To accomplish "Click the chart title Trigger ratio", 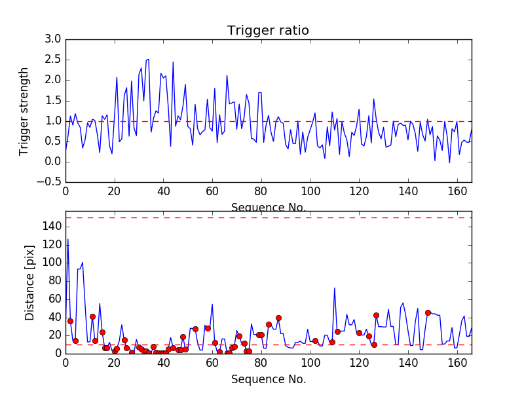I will point(268,31).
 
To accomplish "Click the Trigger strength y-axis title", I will point(24,111).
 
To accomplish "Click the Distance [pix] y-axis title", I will point(29,287).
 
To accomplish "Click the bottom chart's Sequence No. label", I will point(268,379).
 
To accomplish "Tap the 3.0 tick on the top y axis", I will point(52,39).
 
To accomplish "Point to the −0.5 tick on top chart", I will point(50,182).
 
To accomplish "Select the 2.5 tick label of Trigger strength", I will point(52,60).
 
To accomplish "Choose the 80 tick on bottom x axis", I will point(261,363).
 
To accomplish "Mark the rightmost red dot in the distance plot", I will point(428,312).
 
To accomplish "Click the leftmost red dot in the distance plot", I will point(70,321).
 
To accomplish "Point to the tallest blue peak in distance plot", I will point(67,240).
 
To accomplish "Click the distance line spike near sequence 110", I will point(334,288).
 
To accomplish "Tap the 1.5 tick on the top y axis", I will point(52,100).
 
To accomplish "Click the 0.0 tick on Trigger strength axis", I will point(52,161).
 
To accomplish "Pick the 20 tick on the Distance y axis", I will point(54,335).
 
